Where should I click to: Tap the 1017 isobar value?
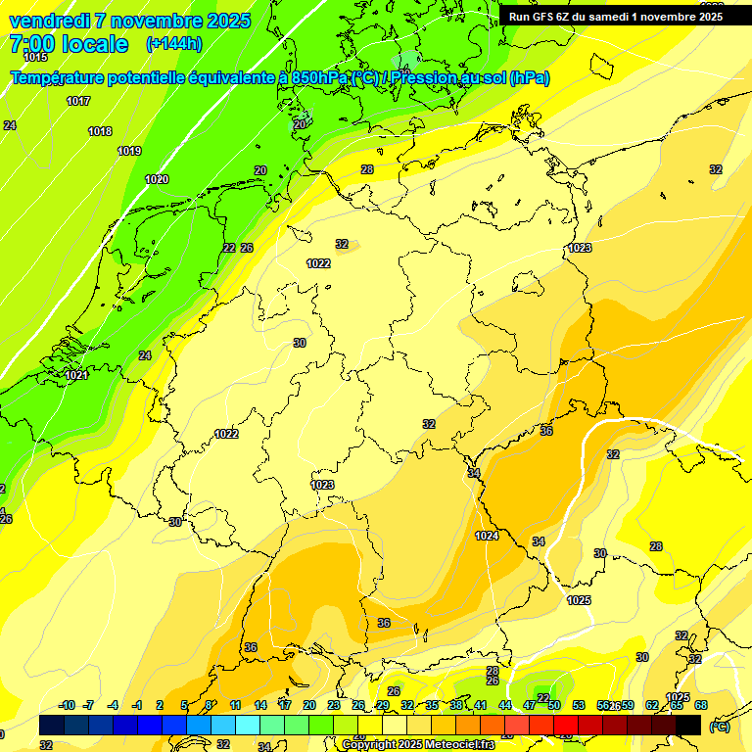pos(78,101)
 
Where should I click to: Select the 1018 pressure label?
pos(100,131)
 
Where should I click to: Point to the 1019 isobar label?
pos(129,151)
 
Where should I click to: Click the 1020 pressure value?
pos(157,179)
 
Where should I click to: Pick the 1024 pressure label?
pos(487,536)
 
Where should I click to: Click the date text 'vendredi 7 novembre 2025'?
pos(129,21)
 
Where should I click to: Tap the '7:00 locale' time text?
pos(69,44)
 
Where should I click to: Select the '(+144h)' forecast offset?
pos(174,44)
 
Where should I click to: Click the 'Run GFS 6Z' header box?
pos(616,17)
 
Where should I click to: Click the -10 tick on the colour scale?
pos(67,705)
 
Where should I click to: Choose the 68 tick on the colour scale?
pos(701,705)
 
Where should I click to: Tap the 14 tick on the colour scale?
pos(260,705)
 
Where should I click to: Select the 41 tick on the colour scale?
pos(481,705)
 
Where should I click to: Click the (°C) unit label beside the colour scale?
pos(719,727)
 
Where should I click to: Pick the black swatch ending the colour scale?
pos(688,725)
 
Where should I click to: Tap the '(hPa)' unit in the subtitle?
pos(530,78)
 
